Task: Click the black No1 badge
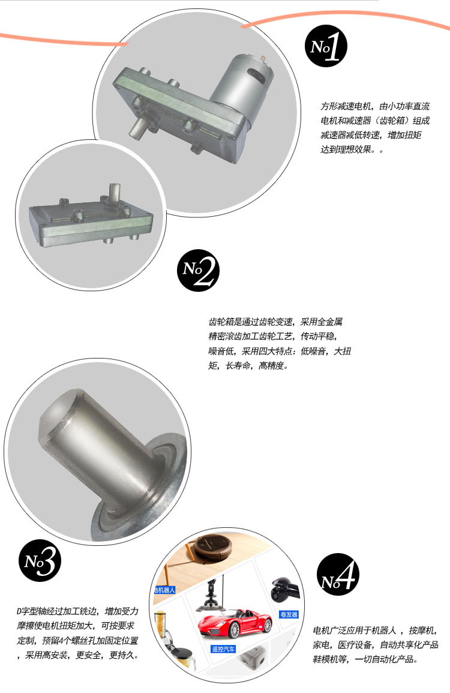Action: (326, 46)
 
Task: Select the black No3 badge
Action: (40, 560)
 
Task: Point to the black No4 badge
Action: (338, 574)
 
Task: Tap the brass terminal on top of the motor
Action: (263, 58)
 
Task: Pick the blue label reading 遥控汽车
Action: (223, 649)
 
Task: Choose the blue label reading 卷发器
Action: (289, 615)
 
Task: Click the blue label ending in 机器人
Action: (164, 590)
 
